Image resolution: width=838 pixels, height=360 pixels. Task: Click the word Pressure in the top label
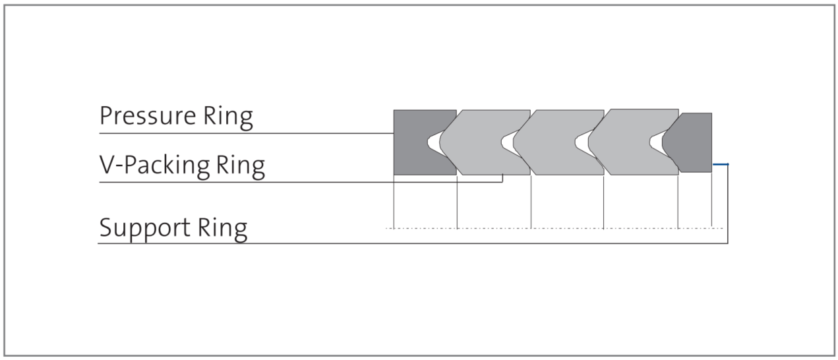coord(148,116)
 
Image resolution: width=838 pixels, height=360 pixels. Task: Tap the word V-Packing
coord(154,165)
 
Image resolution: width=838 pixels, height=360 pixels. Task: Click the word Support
coord(145,228)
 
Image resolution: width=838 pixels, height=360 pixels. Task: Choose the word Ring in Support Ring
coord(222,228)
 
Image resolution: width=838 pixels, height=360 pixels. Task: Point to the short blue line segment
coord(721,164)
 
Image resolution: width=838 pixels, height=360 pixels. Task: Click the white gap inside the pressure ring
coord(434,142)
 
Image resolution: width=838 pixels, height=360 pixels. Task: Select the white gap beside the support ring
coord(656,142)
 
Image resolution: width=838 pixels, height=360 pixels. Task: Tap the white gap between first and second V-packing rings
coord(508,142)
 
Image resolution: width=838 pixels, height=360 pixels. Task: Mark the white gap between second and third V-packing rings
coord(582,142)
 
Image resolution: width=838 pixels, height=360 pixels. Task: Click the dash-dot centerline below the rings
coord(554,228)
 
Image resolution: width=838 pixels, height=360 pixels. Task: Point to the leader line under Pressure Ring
coord(247,133)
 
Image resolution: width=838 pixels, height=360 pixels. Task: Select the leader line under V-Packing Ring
coord(301,182)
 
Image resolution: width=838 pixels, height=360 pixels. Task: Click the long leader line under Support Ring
coord(413,243)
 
